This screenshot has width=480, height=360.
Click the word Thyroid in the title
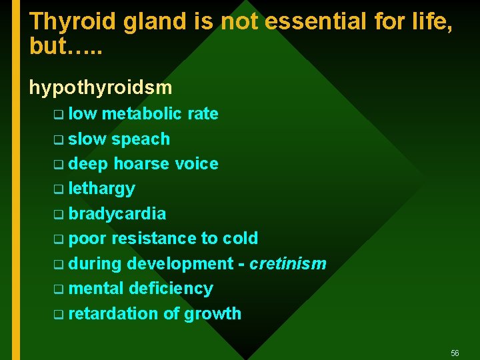click(73, 22)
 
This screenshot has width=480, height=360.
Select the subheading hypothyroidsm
click(100, 87)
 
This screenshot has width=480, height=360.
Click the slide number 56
click(455, 353)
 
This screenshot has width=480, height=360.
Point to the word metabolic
click(142, 114)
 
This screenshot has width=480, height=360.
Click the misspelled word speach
click(141, 139)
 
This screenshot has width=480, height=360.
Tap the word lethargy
click(101, 189)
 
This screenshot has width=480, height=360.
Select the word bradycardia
click(117, 214)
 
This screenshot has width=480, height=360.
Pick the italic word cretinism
click(288, 264)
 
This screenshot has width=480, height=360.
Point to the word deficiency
click(171, 289)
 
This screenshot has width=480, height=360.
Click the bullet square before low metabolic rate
click(59, 115)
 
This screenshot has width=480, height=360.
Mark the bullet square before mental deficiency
click(59, 289)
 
